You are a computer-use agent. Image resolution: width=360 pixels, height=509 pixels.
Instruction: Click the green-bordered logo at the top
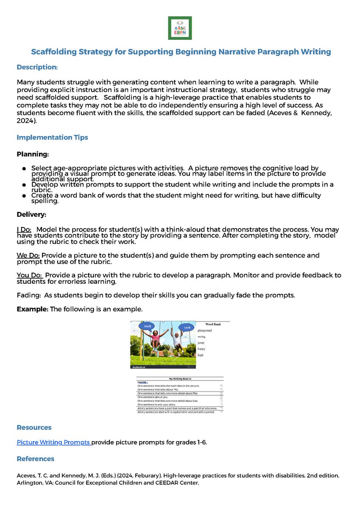point(180,28)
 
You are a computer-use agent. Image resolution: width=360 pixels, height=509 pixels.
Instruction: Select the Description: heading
point(37,67)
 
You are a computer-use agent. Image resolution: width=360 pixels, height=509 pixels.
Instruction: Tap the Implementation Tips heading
point(52,137)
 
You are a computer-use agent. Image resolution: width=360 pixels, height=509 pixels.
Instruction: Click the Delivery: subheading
point(31,214)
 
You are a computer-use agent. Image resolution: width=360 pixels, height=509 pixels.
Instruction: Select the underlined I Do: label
point(24,229)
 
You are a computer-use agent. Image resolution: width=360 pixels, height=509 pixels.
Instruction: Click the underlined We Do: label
point(28,256)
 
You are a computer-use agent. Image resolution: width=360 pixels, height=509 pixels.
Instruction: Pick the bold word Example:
point(32,309)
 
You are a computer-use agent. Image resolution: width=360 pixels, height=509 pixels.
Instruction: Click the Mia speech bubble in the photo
point(148,327)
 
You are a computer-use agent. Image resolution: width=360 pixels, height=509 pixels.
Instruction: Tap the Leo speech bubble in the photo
point(187,327)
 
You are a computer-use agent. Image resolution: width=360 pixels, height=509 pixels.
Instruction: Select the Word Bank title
point(213,324)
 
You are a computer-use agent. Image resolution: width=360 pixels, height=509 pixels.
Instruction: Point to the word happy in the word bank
point(201,349)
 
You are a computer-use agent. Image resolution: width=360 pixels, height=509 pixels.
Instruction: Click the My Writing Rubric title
point(180,378)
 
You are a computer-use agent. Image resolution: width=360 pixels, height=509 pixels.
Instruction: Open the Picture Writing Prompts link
point(53,442)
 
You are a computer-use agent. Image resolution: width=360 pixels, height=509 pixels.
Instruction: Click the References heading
point(35,459)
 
